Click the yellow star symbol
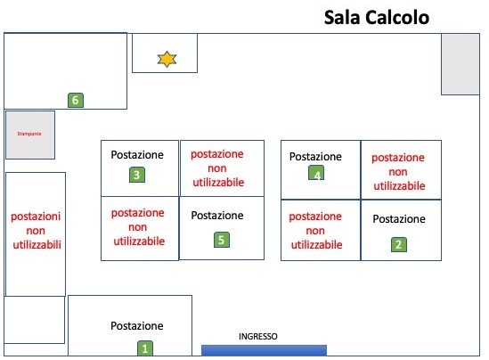click(167, 60)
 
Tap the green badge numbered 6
click(76, 100)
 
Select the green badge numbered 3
click(137, 175)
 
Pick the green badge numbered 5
click(222, 240)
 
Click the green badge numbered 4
click(316, 173)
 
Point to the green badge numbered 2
click(399, 244)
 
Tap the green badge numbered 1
click(145, 348)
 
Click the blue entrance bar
click(264, 350)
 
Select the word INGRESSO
click(258, 336)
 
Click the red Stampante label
click(29, 134)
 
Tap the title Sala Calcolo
click(377, 18)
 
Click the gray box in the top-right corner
click(460, 64)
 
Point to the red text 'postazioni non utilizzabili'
click(37, 231)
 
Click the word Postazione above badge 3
click(137, 155)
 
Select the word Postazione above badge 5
click(217, 216)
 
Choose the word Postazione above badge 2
click(399, 219)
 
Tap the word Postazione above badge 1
click(137, 326)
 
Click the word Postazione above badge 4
click(315, 157)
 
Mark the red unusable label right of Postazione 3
click(217, 168)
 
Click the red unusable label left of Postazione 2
click(315, 231)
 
